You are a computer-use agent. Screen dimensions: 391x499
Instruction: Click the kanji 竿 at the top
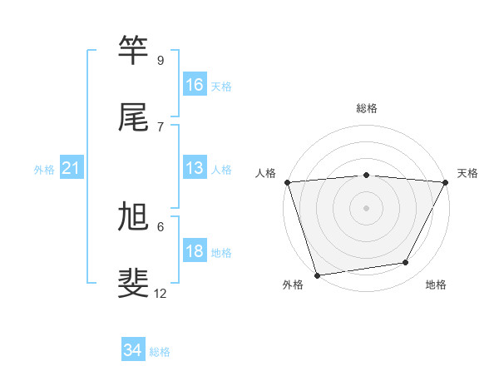tap(135, 52)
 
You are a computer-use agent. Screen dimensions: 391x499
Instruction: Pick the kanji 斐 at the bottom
tap(135, 283)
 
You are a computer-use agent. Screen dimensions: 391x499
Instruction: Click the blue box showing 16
tap(195, 84)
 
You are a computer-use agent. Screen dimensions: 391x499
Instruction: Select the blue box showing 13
tap(195, 168)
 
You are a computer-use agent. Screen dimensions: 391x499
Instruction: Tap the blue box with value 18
tap(195, 251)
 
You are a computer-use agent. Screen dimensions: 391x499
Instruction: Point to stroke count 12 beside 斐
tap(161, 293)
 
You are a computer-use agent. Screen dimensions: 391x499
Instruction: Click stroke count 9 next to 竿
tap(161, 61)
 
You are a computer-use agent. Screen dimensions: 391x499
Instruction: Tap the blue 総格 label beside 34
tap(160, 352)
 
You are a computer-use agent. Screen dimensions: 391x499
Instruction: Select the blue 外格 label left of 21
tap(44, 170)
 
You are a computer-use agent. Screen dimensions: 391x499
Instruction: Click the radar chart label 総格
tap(367, 108)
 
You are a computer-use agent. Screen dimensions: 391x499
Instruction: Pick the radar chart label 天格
tap(467, 173)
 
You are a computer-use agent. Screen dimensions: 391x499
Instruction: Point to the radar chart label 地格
tap(436, 285)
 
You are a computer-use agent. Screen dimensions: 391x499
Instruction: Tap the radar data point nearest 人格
tap(287, 182)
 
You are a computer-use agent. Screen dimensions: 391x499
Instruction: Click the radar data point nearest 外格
tap(317, 275)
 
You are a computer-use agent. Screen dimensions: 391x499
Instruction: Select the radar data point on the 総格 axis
tap(367, 175)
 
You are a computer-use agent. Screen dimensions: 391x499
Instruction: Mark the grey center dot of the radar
tap(367, 207)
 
